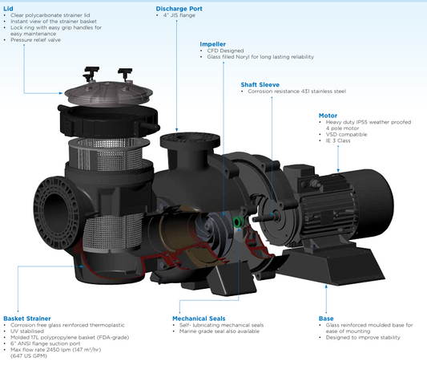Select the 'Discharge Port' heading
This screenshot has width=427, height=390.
pyautogui.click(x=179, y=8)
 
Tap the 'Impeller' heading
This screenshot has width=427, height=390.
pyautogui.click(x=212, y=43)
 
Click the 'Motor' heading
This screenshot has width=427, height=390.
pyautogui.click(x=328, y=115)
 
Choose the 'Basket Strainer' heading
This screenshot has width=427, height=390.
pyautogui.click(x=27, y=318)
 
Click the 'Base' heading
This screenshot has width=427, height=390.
pyautogui.click(x=326, y=318)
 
